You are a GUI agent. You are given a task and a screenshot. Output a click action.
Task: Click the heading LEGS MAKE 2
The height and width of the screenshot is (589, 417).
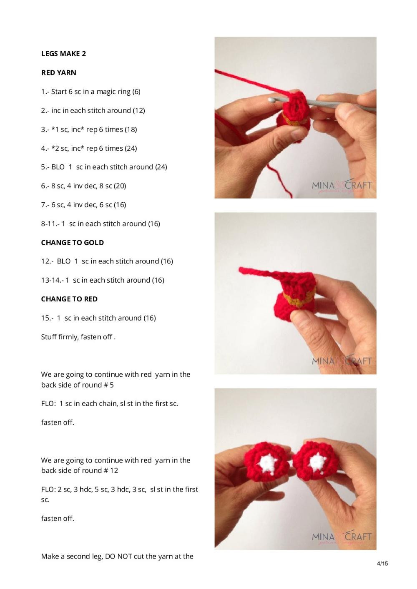[x=63, y=54]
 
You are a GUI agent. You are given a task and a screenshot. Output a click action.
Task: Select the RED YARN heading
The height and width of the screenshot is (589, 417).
[x=58, y=72]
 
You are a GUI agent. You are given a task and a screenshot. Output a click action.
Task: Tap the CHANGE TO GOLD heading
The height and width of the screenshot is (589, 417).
[x=72, y=243]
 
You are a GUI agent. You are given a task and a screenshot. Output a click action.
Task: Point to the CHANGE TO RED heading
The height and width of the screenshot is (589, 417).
[x=69, y=299]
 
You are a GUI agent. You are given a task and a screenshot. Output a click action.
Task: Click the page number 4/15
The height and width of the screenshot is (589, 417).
[x=382, y=564]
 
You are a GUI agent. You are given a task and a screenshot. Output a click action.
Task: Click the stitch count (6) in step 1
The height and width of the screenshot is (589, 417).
[x=136, y=92]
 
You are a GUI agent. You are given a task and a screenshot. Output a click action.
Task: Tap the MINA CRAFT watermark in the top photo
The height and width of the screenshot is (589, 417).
[x=342, y=186]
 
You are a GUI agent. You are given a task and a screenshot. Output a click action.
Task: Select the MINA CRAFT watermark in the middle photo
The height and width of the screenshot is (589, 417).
[x=342, y=361]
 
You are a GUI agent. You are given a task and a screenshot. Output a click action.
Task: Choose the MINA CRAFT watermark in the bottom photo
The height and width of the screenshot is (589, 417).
[x=342, y=537]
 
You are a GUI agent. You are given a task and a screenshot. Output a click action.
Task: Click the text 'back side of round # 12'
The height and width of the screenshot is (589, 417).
[x=79, y=470]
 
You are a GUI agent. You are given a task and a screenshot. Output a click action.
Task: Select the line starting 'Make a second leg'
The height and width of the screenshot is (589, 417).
[x=117, y=557]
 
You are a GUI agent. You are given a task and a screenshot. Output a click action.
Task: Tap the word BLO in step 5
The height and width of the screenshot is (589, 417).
[x=58, y=167]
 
